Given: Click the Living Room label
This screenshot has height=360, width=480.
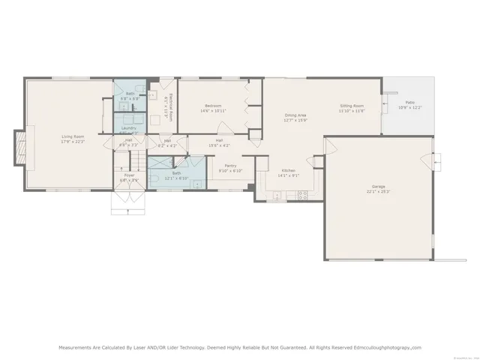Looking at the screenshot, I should click(x=73, y=136).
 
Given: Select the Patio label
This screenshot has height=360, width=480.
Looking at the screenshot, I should click(x=409, y=102).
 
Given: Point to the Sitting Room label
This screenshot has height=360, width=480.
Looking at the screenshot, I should click(x=351, y=106).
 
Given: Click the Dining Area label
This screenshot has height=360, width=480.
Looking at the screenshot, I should click(x=295, y=115).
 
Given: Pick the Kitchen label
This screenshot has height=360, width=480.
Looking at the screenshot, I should click(x=288, y=170).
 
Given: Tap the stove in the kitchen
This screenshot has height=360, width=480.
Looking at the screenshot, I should click(x=303, y=196).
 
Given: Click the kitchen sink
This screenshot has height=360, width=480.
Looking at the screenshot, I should click(x=277, y=196).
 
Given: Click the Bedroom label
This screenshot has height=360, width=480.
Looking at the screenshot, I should click(x=211, y=106).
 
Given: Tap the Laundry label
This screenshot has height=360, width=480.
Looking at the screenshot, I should click(x=128, y=127).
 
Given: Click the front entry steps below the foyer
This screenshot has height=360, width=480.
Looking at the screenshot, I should click(x=124, y=201).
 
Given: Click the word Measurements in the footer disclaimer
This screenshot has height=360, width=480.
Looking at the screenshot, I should click(x=78, y=347).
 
